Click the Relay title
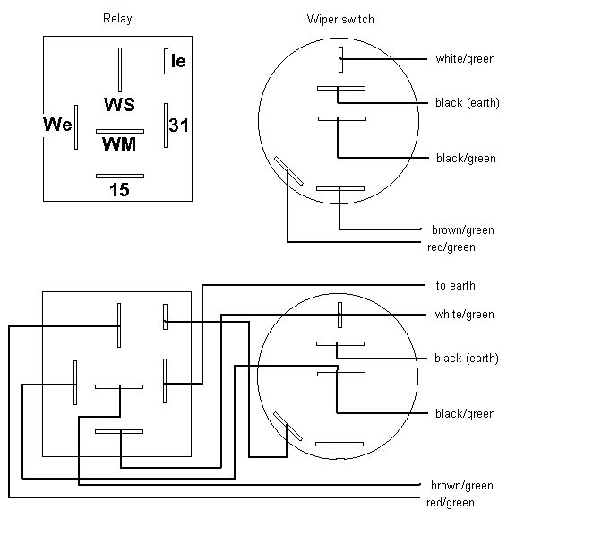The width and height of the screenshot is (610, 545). [x=117, y=19]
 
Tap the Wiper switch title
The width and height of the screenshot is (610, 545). [x=340, y=20]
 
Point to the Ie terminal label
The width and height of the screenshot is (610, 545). [x=178, y=61]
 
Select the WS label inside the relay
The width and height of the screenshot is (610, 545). [x=119, y=104]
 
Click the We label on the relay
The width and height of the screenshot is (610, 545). [x=57, y=125]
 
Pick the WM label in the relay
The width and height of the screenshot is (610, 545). [x=119, y=144]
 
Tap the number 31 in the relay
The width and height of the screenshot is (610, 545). [x=178, y=125]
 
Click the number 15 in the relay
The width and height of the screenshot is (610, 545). [x=119, y=190]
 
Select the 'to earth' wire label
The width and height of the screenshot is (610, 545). [x=456, y=286]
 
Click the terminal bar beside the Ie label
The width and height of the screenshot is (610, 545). [x=166, y=61]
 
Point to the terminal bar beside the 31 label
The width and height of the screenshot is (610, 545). [x=166, y=125]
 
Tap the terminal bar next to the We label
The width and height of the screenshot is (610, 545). [x=76, y=127]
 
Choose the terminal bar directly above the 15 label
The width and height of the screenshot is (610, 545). [x=120, y=176]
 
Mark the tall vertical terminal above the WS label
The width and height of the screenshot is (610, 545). [x=120, y=70]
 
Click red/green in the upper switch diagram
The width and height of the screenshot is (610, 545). [x=451, y=247]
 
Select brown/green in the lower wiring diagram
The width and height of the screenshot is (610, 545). [x=462, y=486]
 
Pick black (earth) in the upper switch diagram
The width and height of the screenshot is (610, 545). [x=468, y=103]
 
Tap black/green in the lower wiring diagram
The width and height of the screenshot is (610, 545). [x=465, y=414]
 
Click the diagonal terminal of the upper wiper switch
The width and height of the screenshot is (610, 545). [x=288, y=171]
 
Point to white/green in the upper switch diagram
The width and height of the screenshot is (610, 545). [x=465, y=59]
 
